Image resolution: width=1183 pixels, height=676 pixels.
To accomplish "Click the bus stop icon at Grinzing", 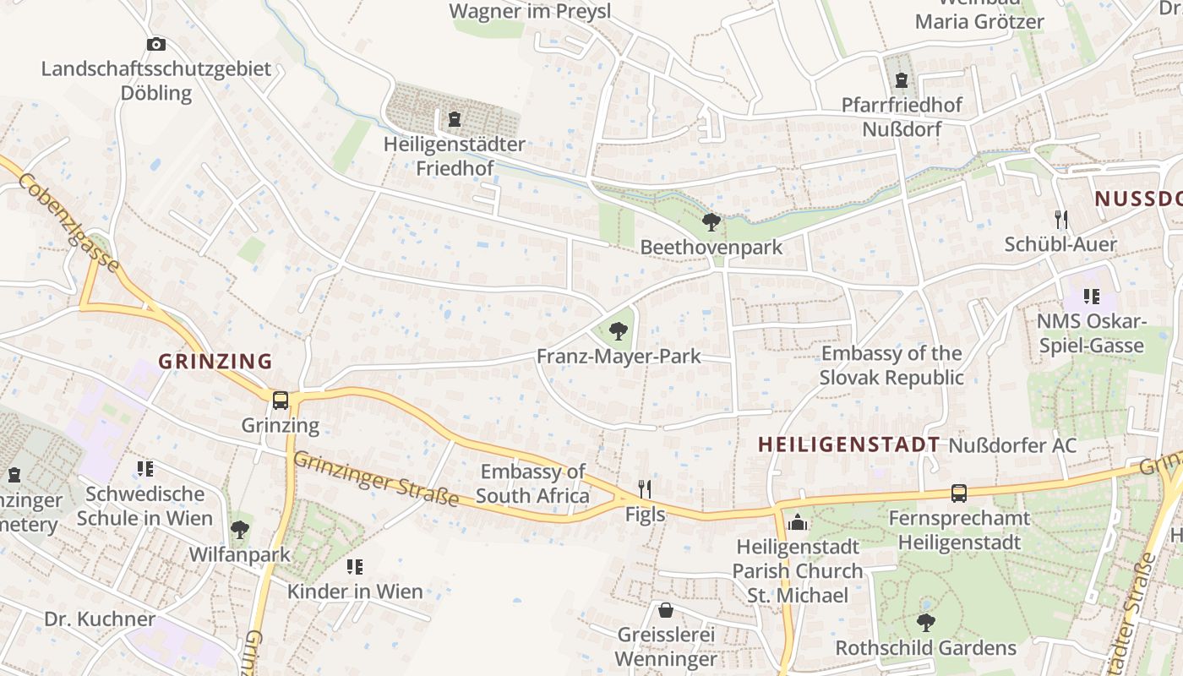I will point(281,400).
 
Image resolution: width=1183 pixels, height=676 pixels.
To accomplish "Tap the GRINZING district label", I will point(215,362).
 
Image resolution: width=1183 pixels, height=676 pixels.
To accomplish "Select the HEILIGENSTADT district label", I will point(848,444).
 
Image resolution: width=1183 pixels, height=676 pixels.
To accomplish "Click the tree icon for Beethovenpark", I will point(711,222).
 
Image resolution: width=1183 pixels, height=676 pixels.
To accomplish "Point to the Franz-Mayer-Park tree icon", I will point(619,331).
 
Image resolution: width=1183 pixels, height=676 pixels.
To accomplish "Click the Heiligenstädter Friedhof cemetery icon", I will point(455,119).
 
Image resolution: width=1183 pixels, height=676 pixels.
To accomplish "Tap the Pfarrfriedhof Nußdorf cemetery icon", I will point(902,80).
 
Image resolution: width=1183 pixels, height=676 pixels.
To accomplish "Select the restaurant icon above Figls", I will point(645,489).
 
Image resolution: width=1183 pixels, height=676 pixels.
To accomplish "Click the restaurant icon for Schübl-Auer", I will point(1061,220).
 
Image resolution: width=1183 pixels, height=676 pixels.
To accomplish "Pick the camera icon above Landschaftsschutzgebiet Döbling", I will point(156,44).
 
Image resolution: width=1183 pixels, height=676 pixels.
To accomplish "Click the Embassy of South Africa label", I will point(532,483).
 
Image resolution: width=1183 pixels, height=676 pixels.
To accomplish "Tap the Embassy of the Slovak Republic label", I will point(891,365).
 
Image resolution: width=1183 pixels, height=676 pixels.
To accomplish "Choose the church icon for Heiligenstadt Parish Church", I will point(797,522).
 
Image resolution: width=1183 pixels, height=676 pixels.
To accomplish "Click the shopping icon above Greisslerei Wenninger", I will point(666,609).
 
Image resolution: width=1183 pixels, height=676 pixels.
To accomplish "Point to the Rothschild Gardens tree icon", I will point(925,623).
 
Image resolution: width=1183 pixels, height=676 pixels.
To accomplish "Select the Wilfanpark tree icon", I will point(240,530).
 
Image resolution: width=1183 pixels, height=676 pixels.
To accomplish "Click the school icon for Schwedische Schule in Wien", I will point(145,468).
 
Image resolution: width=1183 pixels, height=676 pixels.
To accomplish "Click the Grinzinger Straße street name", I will point(376,479).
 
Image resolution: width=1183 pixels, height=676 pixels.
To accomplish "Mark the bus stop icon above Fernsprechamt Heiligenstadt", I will point(958,493).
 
